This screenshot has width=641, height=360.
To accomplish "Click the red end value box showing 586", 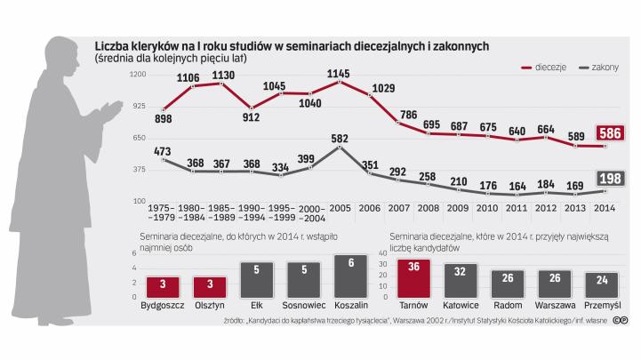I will tap(613, 133).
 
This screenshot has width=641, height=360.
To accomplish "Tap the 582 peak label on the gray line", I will tap(339, 139).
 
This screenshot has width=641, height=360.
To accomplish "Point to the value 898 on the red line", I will tap(163, 118).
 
